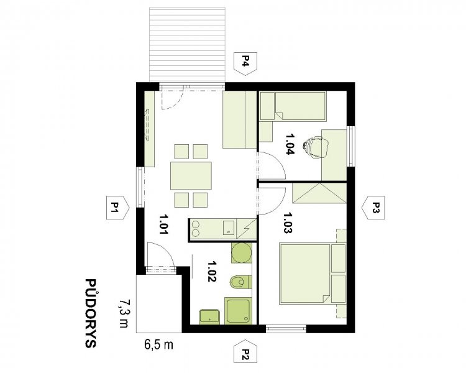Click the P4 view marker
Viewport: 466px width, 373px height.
click(x=245, y=64)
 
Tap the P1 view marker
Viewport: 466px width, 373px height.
click(x=117, y=208)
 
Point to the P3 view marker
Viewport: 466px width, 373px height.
click(x=373, y=208)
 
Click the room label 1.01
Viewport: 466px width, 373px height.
click(x=163, y=224)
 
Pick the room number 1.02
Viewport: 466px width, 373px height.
click(x=212, y=271)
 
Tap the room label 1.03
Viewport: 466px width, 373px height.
click(x=288, y=223)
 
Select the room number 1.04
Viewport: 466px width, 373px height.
click(x=290, y=144)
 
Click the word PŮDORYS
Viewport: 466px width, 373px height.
click(x=91, y=313)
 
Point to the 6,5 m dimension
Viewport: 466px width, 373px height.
click(x=158, y=345)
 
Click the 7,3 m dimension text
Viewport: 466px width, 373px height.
click(x=124, y=313)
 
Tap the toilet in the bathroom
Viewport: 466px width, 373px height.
click(x=241, y=282)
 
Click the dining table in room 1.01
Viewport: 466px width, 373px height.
click(x=191, y=175)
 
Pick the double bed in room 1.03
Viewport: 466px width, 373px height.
click(x=313, y=274)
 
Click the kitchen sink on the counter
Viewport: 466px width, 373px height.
click(x=229, y=228)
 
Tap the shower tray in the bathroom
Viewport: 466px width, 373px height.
click(x=239, y=311)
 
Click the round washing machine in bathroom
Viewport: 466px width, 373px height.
click(x=241, y=253)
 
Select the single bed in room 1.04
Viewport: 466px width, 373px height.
click(x=293, y=106)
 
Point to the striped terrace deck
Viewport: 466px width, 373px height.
click(x=187, y=44)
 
